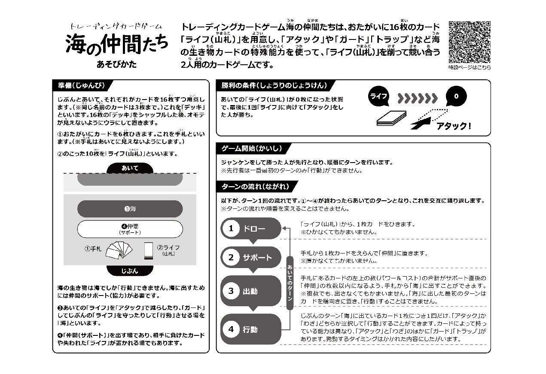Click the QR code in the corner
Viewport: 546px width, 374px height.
(470, 42)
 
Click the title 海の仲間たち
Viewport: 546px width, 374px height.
(116, 45)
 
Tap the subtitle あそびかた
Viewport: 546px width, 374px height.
(116, 65)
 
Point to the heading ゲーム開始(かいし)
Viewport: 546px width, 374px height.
(252, 149)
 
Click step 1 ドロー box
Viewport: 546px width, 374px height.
(250, 229)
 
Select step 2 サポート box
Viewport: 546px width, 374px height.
(250, 257)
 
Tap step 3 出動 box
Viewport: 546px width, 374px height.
(250, 291)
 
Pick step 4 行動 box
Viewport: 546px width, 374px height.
(250, 329)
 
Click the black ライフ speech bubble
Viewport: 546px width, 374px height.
(378, 97)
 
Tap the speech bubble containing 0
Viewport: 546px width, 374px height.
(456, 96)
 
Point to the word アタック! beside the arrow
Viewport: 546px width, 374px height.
(453, 126)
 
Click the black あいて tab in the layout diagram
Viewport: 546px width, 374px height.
(130, 168)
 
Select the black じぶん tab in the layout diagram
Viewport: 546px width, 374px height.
(130, 271)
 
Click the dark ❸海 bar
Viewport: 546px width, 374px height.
(130, 209)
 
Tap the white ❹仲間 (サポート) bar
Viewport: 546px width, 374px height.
(130, 229)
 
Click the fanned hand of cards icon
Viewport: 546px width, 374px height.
(119, 250)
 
